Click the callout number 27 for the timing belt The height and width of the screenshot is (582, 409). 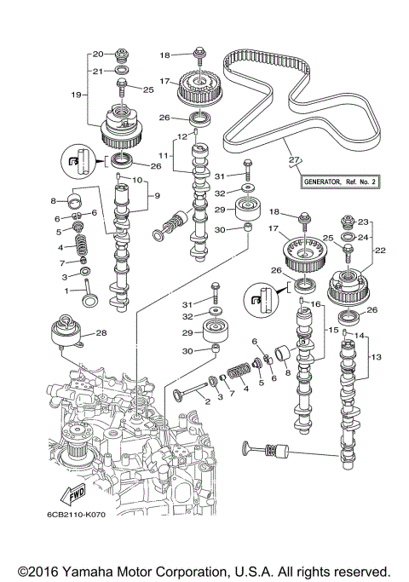click(x=295, y=159)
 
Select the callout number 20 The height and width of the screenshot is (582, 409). click(x=96, y=53)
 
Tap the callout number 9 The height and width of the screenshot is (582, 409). click(x=156, y=195)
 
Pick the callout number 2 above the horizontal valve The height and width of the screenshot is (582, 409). click(x=206, y=400)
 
